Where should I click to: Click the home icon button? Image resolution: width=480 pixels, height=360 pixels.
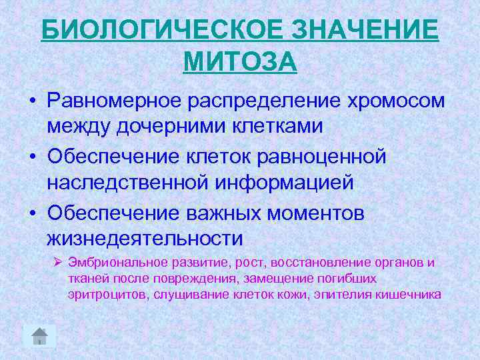point(39,336)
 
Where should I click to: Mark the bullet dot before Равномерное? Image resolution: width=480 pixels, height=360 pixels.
point(32,101)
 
